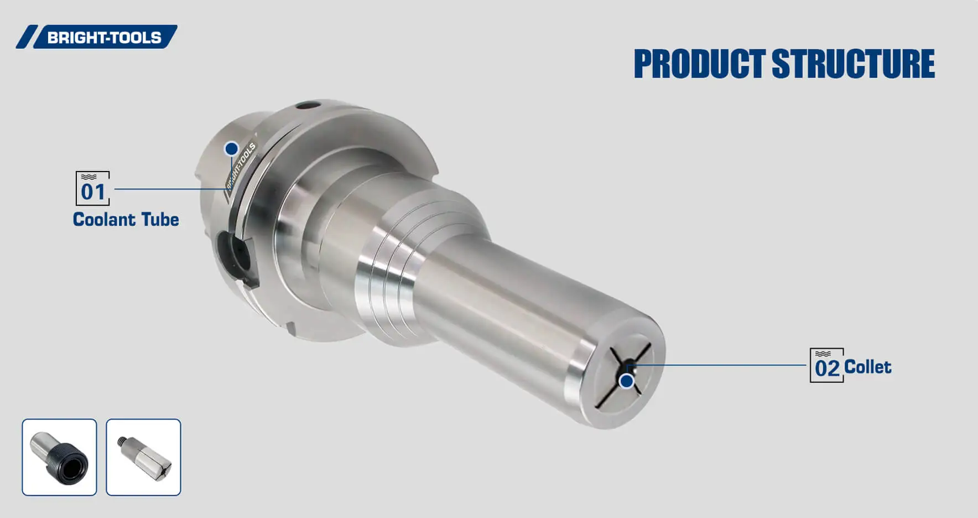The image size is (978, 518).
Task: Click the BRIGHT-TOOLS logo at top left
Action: pyautogui.click(x=97, y=37)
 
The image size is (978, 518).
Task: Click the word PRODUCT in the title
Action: pyautogui.click(x=699, y=64)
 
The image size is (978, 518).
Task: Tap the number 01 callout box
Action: pyautogui.click(x=92, y=189)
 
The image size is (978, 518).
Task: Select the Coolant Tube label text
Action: pyautogui.click(x=126, y=220)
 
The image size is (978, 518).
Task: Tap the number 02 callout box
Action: pyautogui.click(x=826, y=365)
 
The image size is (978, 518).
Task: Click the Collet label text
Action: pyautogui.click(x=867, y=367)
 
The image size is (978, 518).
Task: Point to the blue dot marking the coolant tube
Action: pyautogui.click(x=231, y=149)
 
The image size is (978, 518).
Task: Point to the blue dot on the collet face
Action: pyautogui.click(x=626, y=381)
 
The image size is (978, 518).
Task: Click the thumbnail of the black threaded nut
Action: pyautogui.click(x=60, y=457)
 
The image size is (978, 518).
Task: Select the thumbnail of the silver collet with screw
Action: pyautogui.click(x=144, y=457)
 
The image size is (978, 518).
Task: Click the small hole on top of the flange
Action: pyautogui.click(x=308, y=106)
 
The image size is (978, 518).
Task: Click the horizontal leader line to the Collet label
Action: pyautogui.click(x=719, y=365)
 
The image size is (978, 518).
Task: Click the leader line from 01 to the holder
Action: pyautogui.click(x=166, y=189)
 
